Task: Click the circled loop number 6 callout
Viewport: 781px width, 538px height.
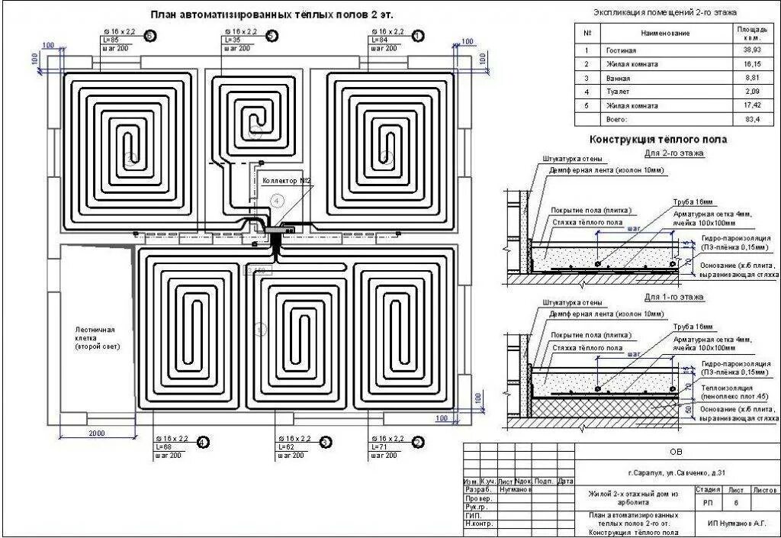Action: click(x=150, y=35)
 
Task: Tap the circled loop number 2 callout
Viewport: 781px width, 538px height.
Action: click(x=417, y=442)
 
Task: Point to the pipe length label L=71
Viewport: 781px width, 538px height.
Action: click(x=379, y=446)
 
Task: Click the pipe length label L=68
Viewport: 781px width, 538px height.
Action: click(x=164, y=446)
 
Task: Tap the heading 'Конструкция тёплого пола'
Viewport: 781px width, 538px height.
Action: click(x=657, y=140)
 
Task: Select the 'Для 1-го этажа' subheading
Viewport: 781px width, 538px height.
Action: click(x=673, y=296)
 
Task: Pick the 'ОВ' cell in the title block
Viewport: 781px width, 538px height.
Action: click(x=676, y=452)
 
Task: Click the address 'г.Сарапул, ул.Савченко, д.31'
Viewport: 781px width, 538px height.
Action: click(x=675, y=472)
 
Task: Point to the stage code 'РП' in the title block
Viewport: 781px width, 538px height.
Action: click(x=709, y=503)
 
